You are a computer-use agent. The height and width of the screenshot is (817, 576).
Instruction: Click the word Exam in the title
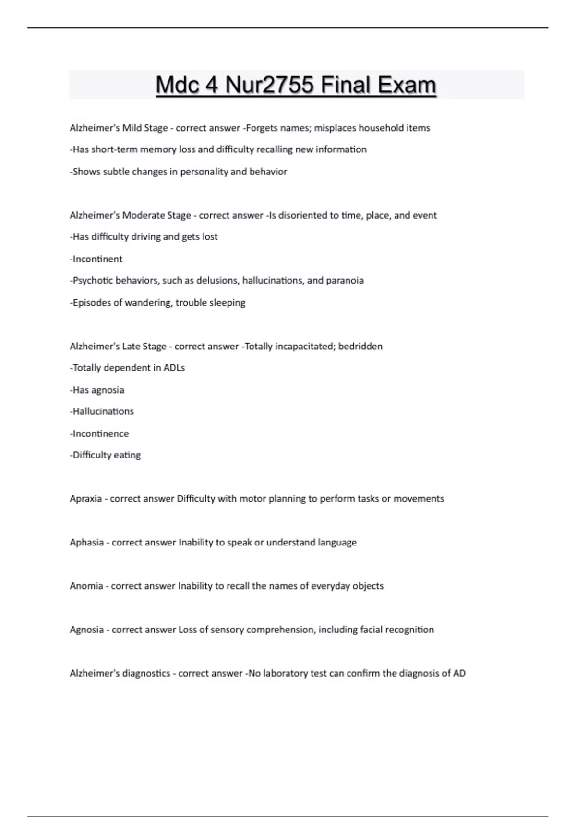(407, 85)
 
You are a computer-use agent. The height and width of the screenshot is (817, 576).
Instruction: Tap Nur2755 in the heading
(270, 85)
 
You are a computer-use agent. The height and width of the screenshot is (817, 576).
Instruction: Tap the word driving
(146, 237)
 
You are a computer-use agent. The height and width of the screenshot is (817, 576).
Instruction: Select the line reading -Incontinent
(96, 259)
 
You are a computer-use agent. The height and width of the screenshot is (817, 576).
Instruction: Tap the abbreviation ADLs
(174, 368)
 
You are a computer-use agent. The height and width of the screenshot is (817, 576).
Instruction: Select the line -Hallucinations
(102, 411)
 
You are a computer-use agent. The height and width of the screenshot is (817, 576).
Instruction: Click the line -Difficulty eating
(105, 455)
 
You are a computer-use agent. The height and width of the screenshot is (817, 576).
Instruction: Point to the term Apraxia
(85, 499)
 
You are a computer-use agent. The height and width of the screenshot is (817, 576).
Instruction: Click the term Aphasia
(86, 543)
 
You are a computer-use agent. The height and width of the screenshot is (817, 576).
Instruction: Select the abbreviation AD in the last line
(459, 673)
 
